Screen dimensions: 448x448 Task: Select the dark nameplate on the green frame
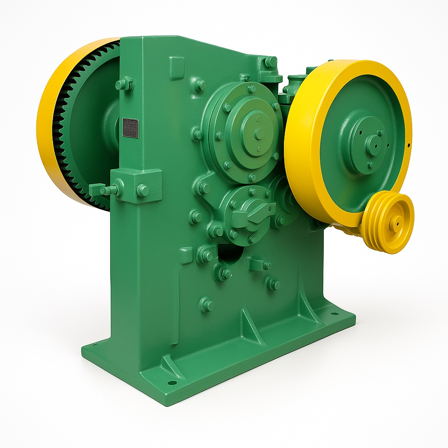(130, 128)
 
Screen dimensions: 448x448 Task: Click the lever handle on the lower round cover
(254, 214)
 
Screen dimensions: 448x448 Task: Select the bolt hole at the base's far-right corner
(334, 314)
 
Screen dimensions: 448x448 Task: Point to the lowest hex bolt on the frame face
(206, 305)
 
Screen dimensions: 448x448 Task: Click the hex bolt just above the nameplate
(125, 84)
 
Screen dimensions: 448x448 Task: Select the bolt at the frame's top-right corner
(270, 62)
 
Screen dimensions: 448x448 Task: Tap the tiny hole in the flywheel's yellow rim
(408, 145)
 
